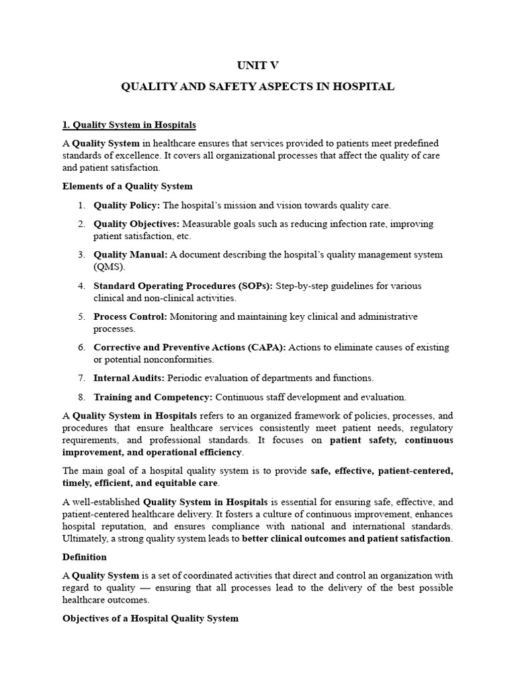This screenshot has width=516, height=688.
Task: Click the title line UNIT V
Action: (257, 65)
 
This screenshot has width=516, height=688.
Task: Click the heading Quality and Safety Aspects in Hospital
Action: (257, 87)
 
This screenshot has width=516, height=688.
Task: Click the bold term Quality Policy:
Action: (127, 205)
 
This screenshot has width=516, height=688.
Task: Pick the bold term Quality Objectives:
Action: (136, 224)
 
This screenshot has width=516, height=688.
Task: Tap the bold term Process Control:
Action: (130, 316)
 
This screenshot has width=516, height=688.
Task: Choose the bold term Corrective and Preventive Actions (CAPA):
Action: (190, 347)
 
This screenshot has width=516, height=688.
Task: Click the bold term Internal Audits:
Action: (129, 378)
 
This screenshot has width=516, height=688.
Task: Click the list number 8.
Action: (80, 397)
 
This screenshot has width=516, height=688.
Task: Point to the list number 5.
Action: (80, 316)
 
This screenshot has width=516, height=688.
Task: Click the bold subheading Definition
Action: (85, 557)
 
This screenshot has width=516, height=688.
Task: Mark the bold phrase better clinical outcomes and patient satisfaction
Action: (347, 538)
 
